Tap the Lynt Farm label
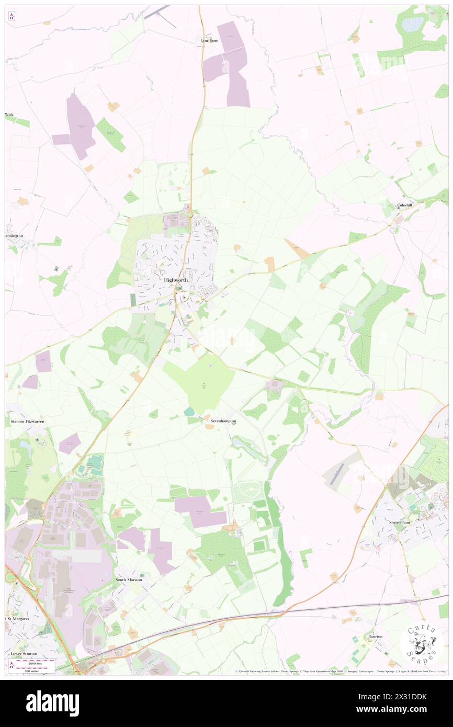(209, 40)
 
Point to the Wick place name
(9, 114)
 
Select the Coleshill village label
(405, 205)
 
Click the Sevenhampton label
(223, 421)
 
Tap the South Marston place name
(128, 580)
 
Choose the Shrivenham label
(401, 522)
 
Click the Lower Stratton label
(25, 654)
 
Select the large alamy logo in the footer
(52, 703)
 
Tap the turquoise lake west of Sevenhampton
(188, 413)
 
